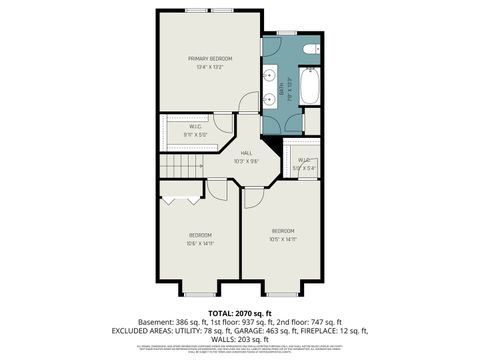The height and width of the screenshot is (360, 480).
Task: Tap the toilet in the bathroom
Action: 311,49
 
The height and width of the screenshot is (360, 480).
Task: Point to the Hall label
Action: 246,152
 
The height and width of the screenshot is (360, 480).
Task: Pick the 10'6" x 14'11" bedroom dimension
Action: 201,243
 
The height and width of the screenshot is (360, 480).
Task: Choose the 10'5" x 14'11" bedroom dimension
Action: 282,238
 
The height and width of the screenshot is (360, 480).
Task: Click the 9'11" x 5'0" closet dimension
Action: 195,135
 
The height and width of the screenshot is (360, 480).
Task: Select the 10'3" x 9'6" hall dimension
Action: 246,161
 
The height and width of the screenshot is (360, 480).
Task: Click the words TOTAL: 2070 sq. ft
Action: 240,313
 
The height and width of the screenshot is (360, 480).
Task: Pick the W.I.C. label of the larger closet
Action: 195,127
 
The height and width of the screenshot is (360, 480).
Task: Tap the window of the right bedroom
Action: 282,293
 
